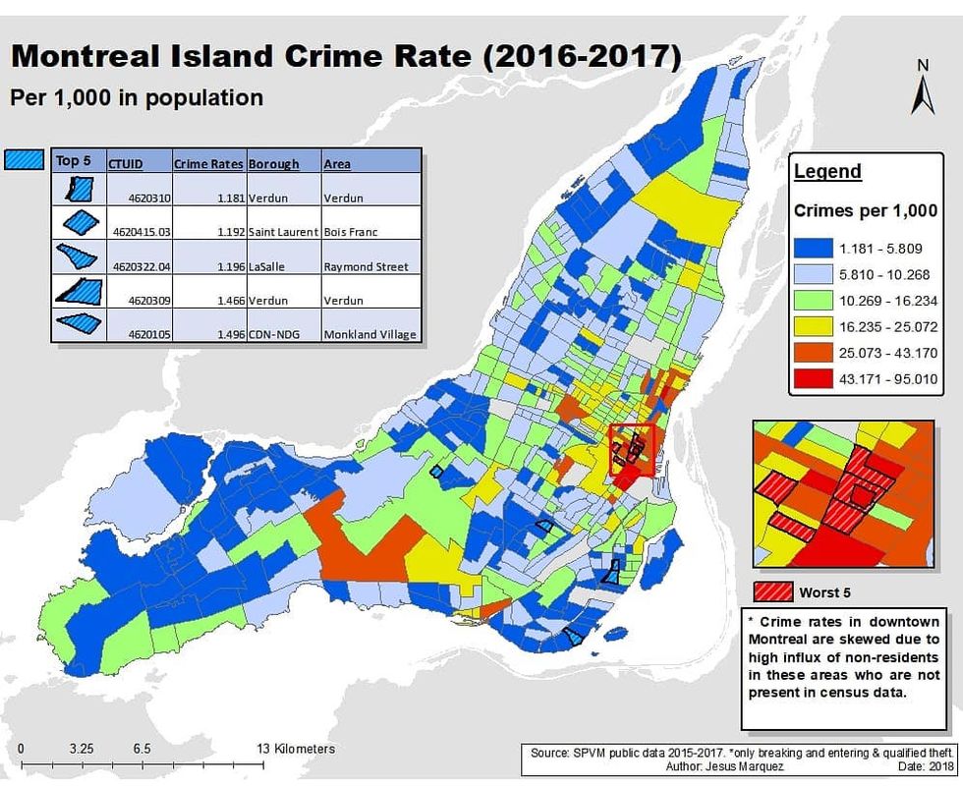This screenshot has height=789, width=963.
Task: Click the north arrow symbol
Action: [923, 94]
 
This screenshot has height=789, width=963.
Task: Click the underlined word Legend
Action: [827, 172]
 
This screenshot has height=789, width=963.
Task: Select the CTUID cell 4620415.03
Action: [140, 232]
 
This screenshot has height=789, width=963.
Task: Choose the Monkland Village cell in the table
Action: [369, 334]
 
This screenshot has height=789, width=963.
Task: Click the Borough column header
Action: [273, 164]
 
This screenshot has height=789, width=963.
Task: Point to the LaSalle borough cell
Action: [266, 266]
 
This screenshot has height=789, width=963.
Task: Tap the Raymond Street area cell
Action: [365, 266]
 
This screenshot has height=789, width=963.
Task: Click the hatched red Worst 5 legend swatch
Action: [772, 592]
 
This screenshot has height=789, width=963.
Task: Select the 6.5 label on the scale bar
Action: [142, 749]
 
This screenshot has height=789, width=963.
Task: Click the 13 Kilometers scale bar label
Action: [295, 749]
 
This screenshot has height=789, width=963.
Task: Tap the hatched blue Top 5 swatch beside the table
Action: [25, 159]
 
